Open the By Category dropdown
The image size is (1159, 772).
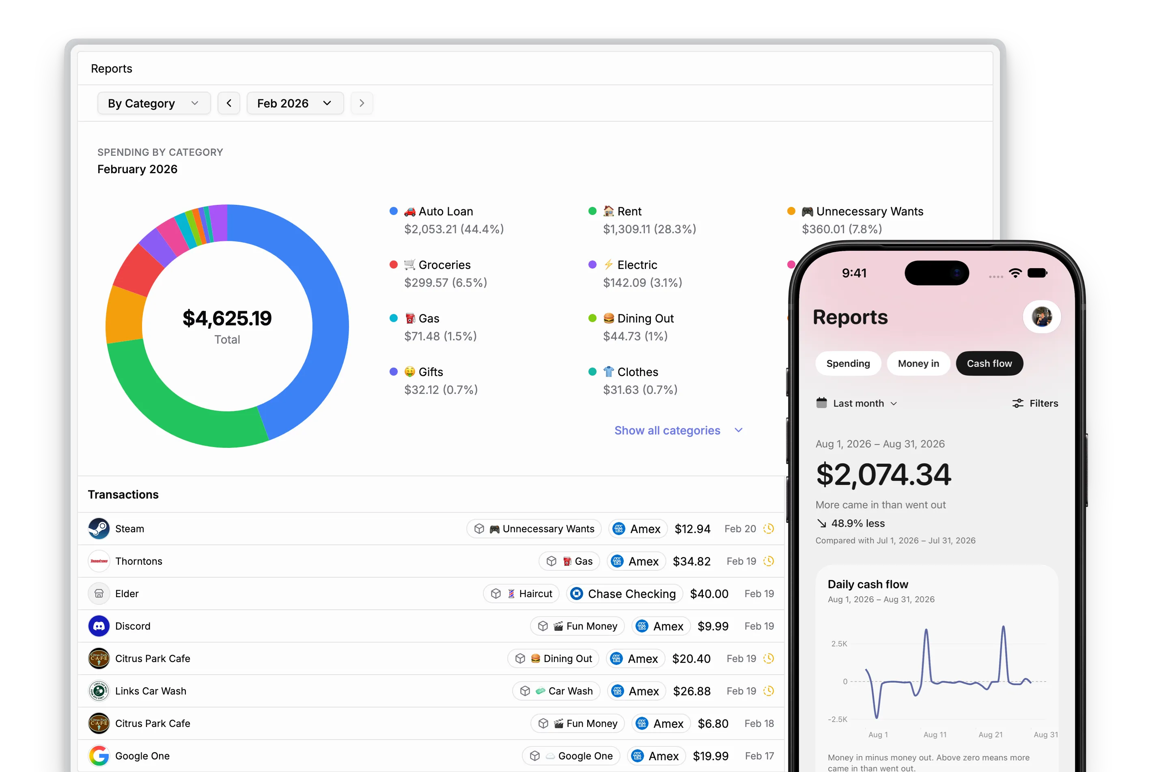coord(154,103)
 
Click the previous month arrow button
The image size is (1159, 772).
coord(229,103)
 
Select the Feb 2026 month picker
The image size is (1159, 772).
coord(295,103)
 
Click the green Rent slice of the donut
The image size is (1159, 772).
coord(172,404)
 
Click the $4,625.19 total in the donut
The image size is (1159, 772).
coord(227,318)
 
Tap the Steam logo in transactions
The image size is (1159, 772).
coord(99,529)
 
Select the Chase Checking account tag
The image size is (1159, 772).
coord(624,594)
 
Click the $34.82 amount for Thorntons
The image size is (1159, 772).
coord(692,561)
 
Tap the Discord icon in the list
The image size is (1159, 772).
coord(99,626)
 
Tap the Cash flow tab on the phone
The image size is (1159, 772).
coord(989,363)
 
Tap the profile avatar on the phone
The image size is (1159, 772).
coord(1042,316)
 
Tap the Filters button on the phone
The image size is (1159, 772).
coord(1035,403)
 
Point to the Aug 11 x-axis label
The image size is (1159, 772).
coord(935,735)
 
